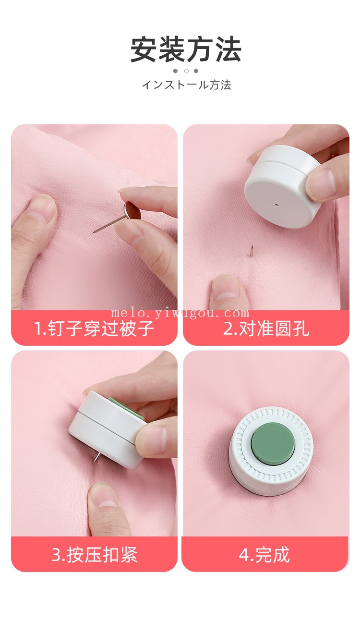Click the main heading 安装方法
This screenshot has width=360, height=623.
(x=186, y=49)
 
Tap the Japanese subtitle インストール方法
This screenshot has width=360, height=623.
(x=187, y=85)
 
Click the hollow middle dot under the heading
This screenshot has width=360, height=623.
(x=186, y=71)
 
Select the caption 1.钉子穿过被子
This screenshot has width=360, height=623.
(x=94, y=328)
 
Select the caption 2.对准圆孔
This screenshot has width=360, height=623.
(x=266, y=328)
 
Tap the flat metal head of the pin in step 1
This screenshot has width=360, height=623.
(x=132, y=210)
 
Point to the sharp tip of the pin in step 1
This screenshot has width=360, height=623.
(x=94, y=232)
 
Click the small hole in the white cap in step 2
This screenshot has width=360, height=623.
(x=277, y=206)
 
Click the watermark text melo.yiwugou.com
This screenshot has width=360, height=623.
(x=180, y=314)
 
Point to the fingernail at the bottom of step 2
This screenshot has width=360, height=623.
(x=226, y=288)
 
